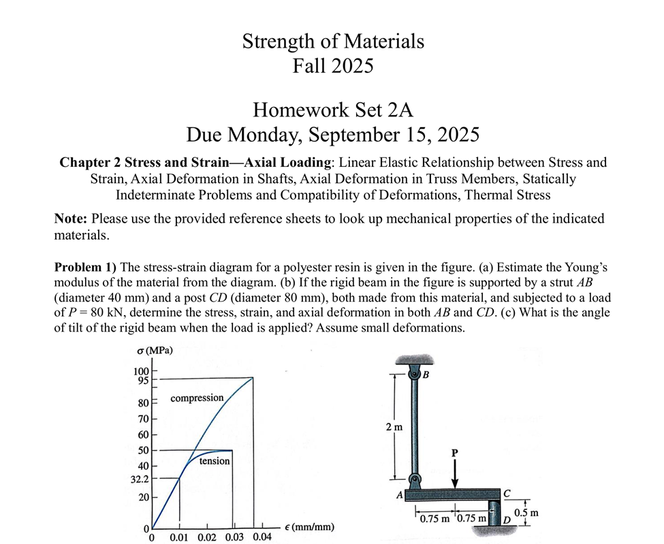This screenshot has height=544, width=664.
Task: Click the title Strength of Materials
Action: tap(333, 42)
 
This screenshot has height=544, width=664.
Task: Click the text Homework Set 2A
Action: tap(333, 109)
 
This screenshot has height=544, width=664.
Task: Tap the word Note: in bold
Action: tap(71, 219)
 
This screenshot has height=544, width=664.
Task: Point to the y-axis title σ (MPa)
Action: tap(154, 351)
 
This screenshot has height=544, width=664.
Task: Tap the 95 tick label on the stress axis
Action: tap(142, 381)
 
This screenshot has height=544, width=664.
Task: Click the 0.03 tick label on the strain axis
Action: tap(233, 537)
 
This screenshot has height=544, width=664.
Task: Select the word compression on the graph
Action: tap(197, 398)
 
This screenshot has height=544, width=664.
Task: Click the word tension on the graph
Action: tap(215, 461)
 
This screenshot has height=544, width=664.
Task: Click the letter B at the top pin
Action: tap(426, 375)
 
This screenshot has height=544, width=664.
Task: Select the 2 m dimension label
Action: tap(394, 427)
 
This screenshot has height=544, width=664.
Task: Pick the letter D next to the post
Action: tap(505, 520)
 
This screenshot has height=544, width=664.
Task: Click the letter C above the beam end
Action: tap(507, 492)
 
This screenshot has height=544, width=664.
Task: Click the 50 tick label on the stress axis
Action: tap(144, 450)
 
